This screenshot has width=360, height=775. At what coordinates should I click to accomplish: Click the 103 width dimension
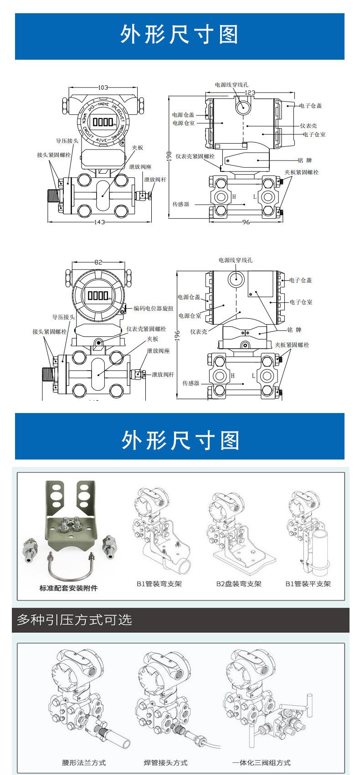point(103,88)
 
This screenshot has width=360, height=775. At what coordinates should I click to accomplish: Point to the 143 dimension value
point(100,222)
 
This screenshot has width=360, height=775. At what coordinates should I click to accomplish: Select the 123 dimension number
point(250,93)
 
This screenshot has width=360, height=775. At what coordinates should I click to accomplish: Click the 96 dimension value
point(246,222)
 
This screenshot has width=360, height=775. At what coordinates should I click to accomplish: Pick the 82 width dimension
point(98,262)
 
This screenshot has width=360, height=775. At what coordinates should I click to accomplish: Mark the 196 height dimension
point(177,335)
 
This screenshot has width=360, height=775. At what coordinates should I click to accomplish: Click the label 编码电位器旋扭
point(153,309)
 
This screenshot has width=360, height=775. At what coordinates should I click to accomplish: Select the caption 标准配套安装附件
point(68,588)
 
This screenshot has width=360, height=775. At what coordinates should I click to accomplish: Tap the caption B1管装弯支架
point(159,584)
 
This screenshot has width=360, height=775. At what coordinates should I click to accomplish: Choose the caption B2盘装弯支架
point(239,584)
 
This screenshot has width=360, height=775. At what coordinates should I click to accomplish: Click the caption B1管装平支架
point(308,584)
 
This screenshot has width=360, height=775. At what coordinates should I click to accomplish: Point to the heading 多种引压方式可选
point(74,620)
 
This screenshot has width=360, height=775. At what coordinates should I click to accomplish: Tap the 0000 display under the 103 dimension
point(103,122)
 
